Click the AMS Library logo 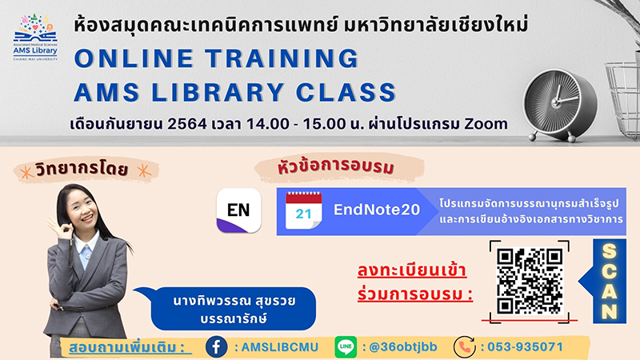coord(35,37)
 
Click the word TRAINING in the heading coord(282,58)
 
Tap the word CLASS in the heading coord(346,92)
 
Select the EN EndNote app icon coord(238,210)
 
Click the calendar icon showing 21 coord(304,210)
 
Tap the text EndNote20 coord(377,210)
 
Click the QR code coord(530,282)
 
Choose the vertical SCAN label coord(610,282)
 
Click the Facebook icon coord(216,347)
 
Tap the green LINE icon coord(346,347)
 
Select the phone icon coord(465,347)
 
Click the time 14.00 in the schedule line coord(268,124)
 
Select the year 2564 coord(187,124)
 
